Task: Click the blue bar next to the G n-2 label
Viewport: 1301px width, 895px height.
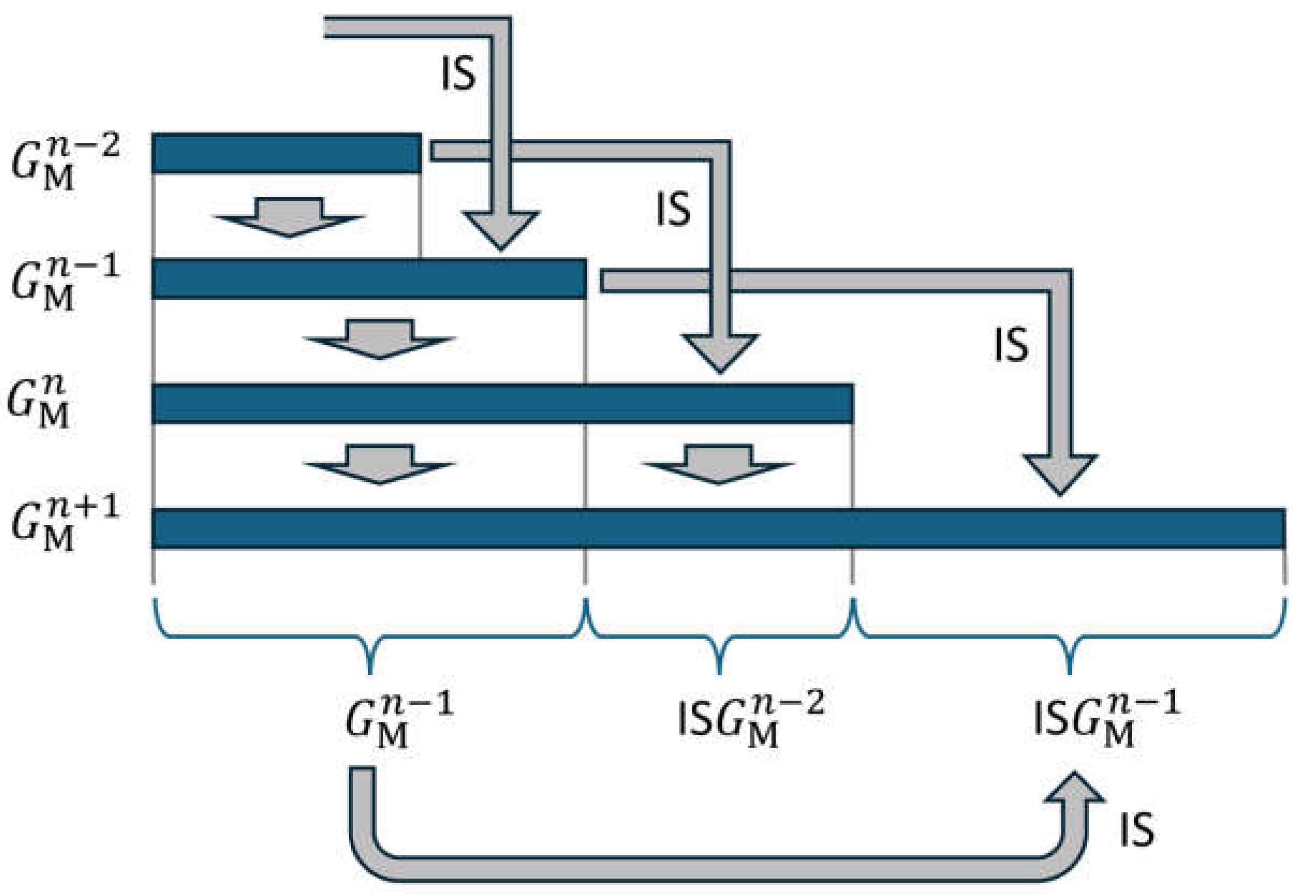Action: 286,153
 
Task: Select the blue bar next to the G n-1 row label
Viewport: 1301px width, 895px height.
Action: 369,278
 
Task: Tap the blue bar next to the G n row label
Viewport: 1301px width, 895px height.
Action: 502,403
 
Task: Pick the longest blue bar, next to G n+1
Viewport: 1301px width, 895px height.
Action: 719,528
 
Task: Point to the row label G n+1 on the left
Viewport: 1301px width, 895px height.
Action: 64,524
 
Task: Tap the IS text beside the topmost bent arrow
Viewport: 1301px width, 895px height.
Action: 457,74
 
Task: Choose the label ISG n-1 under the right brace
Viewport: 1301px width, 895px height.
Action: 1106,721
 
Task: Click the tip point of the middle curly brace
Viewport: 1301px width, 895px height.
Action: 720,672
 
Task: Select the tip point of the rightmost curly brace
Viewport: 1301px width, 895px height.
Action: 1069,672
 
